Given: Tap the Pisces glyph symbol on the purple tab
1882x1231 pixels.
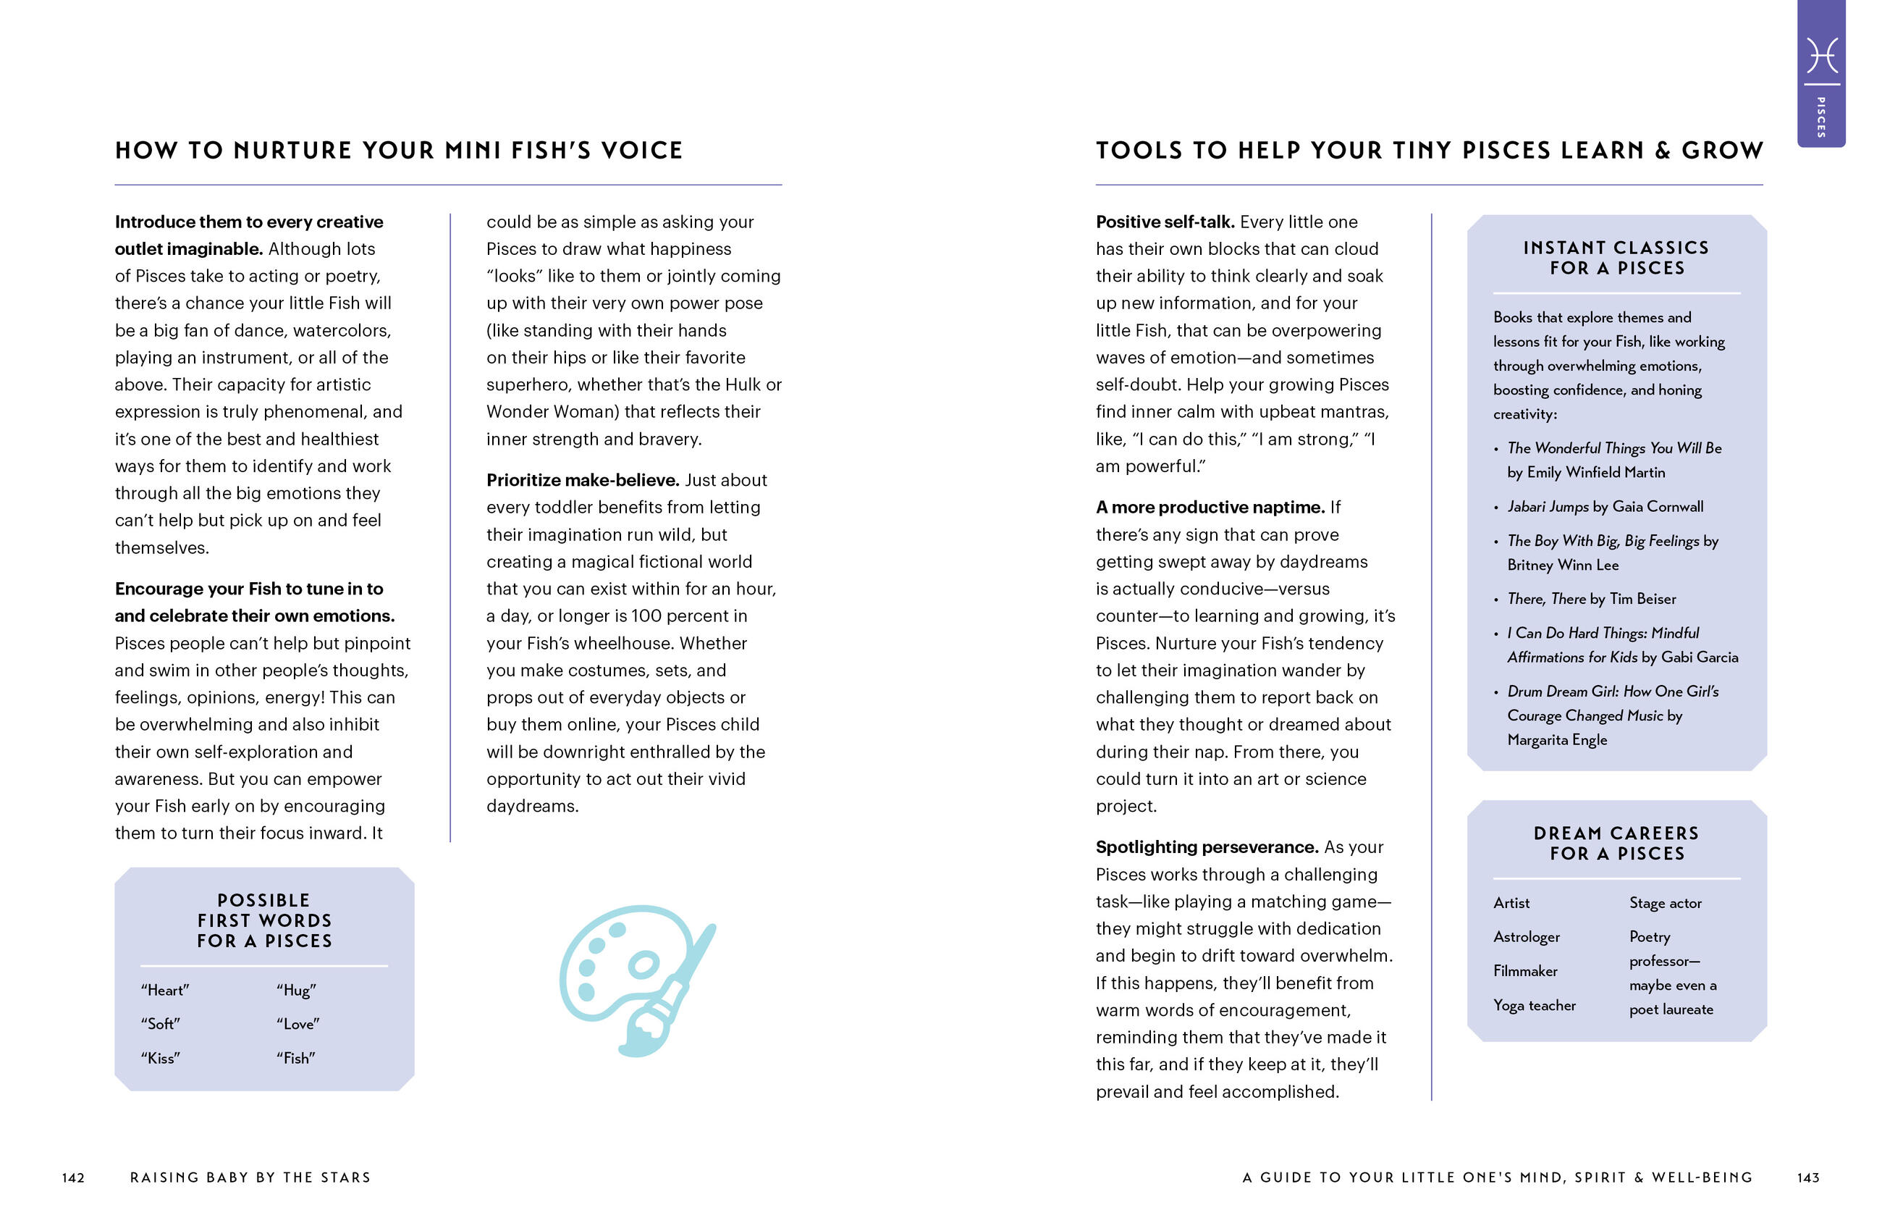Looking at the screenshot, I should coord(1821,55).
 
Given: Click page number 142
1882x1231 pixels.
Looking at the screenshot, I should coord(74,1177).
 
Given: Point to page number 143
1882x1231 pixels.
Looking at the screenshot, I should coord(1807,1177).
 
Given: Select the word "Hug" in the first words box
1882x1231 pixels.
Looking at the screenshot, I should coord(297,990).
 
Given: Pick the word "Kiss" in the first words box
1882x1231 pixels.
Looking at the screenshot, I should coord(161,1058).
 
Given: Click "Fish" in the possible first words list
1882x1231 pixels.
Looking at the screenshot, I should coord(296,1058).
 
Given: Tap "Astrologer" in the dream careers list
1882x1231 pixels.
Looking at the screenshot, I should coord(1526,937).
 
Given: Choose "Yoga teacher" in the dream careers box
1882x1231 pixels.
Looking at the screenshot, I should coord(1534,1005).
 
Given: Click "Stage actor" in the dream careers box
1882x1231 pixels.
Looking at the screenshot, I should coord(1666,903).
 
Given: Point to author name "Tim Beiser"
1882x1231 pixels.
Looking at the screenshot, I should coord(1642,599).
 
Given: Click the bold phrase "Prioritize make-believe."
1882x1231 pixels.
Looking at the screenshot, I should coord(583,480).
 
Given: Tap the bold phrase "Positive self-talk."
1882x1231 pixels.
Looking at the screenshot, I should coord(1165,222).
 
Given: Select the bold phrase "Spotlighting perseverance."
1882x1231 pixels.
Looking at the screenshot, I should coord(1207,847).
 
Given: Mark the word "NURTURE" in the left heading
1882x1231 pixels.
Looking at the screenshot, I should coord(292,151).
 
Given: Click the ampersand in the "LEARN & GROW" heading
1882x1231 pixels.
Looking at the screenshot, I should coord(1662,151).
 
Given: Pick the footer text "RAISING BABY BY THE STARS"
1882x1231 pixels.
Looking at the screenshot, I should coord(250,1177).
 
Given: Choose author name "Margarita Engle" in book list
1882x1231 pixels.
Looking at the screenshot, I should coord(1557,740).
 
